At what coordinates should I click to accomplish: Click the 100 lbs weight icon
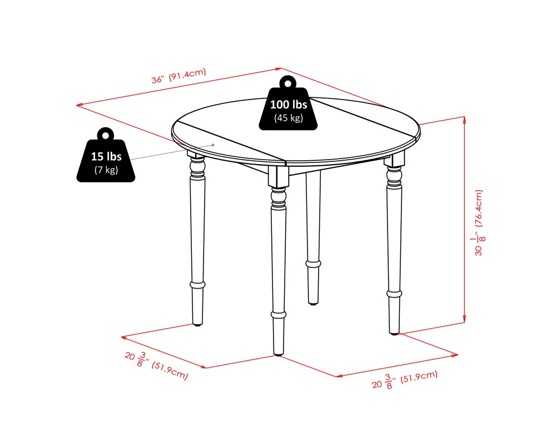(x=288, y=108)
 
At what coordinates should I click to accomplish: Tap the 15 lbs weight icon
(x=106, y=160)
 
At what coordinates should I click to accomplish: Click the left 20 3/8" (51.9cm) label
(x=156, y=366)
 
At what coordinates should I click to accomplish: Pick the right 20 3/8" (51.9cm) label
(x=404, y=380)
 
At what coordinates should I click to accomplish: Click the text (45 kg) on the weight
(x=288, y=118)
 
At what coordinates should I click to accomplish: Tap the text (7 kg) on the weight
(x=106, y=170)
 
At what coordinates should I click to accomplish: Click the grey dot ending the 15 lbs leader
(x=213, y=145)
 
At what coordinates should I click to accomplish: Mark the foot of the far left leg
(x=197, y=323)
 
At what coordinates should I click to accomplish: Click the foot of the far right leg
(x=394, y=332)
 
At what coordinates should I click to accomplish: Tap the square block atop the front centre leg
(x=279, y=177)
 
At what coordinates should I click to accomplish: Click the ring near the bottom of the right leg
(x=394, y=292)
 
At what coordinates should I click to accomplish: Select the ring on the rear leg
(x=314, y=263)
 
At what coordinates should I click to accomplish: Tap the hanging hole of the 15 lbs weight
(x=105, y=135)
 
